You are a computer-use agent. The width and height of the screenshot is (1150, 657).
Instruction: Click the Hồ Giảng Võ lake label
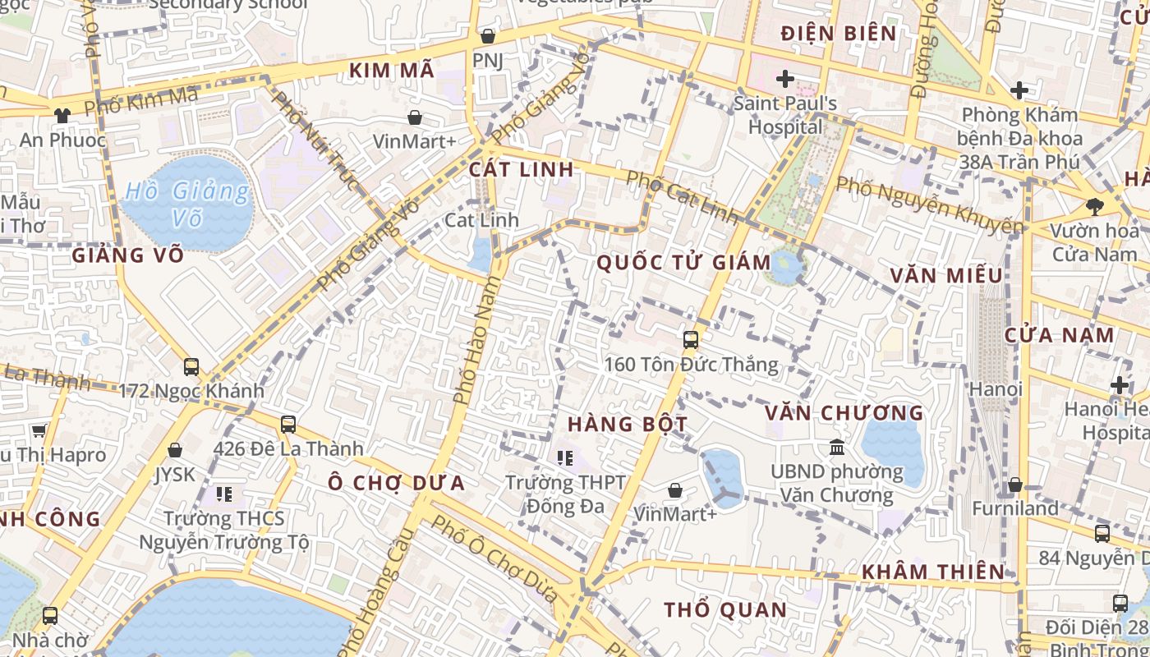186,204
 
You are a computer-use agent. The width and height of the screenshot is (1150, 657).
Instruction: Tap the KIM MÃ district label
392,71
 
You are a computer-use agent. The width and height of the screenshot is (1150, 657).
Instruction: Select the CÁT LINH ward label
521,169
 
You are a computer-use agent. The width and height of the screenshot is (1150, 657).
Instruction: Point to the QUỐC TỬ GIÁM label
683,263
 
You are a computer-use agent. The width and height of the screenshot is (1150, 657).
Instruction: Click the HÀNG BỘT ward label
628,424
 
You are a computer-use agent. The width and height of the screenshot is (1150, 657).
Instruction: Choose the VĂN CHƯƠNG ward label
844,412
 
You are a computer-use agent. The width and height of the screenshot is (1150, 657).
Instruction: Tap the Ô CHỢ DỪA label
397,483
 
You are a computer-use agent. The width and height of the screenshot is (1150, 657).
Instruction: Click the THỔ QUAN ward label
725,610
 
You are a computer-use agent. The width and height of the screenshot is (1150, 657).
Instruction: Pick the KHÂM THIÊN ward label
932,572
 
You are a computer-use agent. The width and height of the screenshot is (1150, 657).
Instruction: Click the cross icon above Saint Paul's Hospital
785,79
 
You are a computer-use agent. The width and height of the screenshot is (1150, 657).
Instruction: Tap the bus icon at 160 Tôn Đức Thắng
691,339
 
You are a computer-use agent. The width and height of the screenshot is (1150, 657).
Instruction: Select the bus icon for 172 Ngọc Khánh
191,367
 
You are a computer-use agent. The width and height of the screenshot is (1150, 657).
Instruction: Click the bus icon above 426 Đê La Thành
287,425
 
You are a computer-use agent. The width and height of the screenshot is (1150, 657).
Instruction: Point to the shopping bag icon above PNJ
488,36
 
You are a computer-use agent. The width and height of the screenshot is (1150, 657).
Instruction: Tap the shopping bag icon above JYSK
174,450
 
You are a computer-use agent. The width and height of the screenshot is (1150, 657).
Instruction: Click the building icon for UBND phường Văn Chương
837,448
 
